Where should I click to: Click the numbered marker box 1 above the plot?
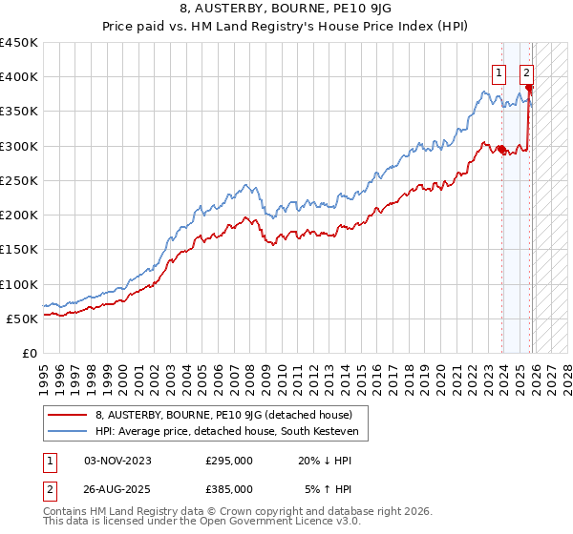coord(499,71)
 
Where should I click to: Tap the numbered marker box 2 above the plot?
coord(526,71)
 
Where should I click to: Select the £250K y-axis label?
coord(19,180)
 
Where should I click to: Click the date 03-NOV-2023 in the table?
coord(118,461)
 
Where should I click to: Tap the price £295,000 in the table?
coord(229,461)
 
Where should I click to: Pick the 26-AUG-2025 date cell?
coord(118,488)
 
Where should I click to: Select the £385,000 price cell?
coord(229,488)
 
